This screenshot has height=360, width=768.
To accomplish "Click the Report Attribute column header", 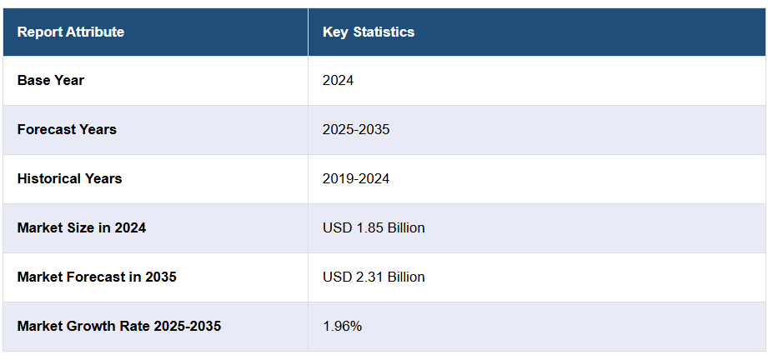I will coord(71,32).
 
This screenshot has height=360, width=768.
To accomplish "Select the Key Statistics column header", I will coord(369,32).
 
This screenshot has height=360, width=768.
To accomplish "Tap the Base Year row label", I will coord(51,81).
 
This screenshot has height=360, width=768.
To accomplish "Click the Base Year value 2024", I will coord(339,81).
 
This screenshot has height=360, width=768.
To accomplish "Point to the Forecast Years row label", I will coord(67,130).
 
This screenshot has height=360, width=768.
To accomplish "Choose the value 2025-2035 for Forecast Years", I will coord(356,130).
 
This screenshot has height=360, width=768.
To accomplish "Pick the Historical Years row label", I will coord(69,179).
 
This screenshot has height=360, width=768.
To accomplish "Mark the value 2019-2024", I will coord(356,179).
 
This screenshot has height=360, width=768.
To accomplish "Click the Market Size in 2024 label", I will coord(82,227).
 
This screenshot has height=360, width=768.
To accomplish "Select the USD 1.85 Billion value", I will coord(374,227).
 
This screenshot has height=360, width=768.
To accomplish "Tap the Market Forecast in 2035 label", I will coord(97,277).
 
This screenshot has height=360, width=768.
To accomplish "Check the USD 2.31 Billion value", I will coord(374,277).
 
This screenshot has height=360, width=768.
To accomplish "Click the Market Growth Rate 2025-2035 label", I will coord(119,326).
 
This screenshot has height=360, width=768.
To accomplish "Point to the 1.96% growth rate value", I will coord(343,326).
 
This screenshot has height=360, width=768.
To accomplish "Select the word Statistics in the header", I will coord(384,32).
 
